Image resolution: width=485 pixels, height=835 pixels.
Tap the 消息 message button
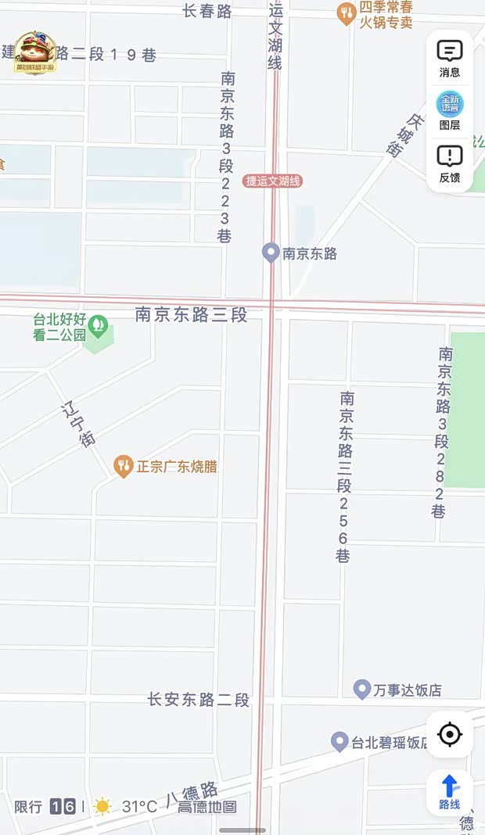[450, 58]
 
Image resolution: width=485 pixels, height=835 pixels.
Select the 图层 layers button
[450, 109]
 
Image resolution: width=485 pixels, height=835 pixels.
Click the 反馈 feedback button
[450, 163]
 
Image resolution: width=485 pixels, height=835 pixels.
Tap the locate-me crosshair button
[450, 734]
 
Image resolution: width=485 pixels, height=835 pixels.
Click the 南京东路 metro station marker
[271, 253]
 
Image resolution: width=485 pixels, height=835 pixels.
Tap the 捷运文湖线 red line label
[272, 181]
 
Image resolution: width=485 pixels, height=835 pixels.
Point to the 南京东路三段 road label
[191, 314]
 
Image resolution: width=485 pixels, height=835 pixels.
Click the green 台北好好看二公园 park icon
[98, 324]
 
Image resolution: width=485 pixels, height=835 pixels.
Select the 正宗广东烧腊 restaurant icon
[123, 467]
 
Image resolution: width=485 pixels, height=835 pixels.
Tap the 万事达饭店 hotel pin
[361, 690]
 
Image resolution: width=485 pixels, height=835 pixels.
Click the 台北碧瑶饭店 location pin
[339, 742]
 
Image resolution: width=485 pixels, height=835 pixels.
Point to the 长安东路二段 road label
[198, 700]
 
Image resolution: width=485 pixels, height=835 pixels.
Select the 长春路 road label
[207, 11]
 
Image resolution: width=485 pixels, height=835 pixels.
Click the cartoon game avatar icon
[35, 52]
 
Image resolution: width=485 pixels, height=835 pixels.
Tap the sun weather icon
[102, 807]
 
